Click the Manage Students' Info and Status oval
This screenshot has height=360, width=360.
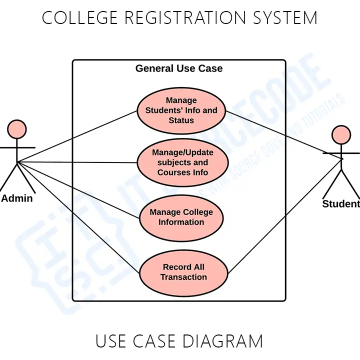click(x=181, y=110)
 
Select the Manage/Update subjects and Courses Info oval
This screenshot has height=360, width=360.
click(x=182, y=162)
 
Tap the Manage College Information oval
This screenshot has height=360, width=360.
click(x=181, y=217)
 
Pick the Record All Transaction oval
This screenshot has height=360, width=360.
click(x=183, y=272)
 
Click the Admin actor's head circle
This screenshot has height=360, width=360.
click(x=16, y=129)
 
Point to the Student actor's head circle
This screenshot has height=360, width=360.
click(x=341, y=134)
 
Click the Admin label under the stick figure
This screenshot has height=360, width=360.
click(x=17, y=198)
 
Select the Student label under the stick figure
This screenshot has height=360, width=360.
click(x=341, y=204)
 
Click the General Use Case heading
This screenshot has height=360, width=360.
click(x=179, y=68)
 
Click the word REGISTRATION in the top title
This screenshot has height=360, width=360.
click(x=184, y=18)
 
